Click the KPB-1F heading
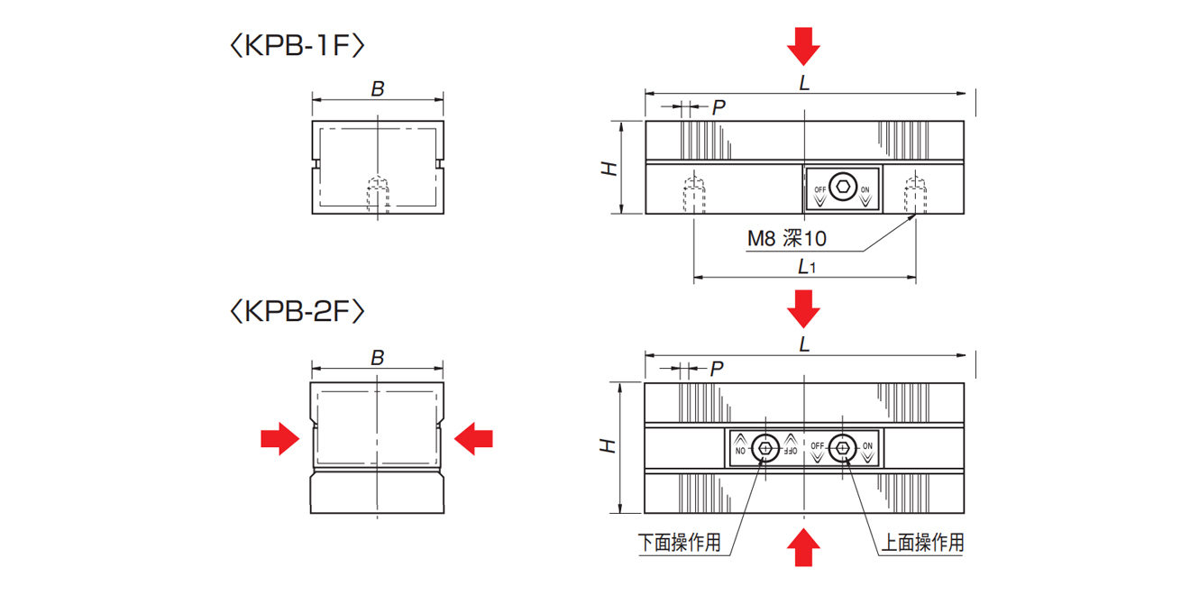[297, 46]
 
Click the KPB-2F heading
[297, 312]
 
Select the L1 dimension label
[806, 267]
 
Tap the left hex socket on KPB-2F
[766, 447]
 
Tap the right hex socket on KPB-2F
[843, 447]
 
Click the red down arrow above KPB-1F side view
[803, 45]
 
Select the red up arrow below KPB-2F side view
[803, 546]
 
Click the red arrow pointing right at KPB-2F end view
[279, 439]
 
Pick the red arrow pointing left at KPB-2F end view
[474, 439]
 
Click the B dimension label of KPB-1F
[378, 88]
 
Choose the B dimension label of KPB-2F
[378, 358]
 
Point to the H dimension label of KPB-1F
[610, 168]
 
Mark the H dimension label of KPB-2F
[610, 446]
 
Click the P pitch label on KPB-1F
[719, 107]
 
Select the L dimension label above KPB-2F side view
[805, 344]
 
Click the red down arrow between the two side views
[803, 308]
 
